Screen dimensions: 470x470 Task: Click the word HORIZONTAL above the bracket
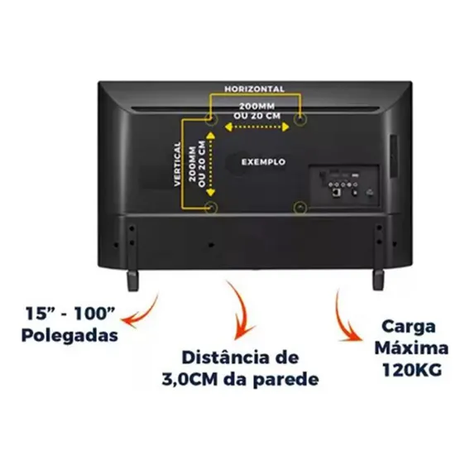point(254,89)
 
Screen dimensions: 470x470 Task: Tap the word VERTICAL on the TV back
point(178,164)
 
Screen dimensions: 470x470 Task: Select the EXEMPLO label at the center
point(263,162)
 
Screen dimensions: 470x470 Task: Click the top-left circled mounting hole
point(211,119)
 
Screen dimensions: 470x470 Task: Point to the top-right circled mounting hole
point(300,119)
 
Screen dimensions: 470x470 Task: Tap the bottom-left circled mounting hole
point(211,207)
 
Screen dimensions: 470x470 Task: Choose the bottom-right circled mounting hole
point(300,207)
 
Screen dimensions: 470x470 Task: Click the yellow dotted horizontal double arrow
point(257,127)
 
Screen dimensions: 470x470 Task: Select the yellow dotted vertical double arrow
point(211,165)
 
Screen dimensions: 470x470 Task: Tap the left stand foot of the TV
point(132,280)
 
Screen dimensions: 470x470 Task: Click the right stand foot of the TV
point(378,280)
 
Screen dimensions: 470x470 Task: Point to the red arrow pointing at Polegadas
point(144,313)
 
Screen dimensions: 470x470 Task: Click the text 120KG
point(412,370)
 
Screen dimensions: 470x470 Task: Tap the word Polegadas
point(70,335)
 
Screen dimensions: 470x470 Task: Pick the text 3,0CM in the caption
point(189,380)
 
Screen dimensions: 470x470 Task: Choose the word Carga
point(408,326)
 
